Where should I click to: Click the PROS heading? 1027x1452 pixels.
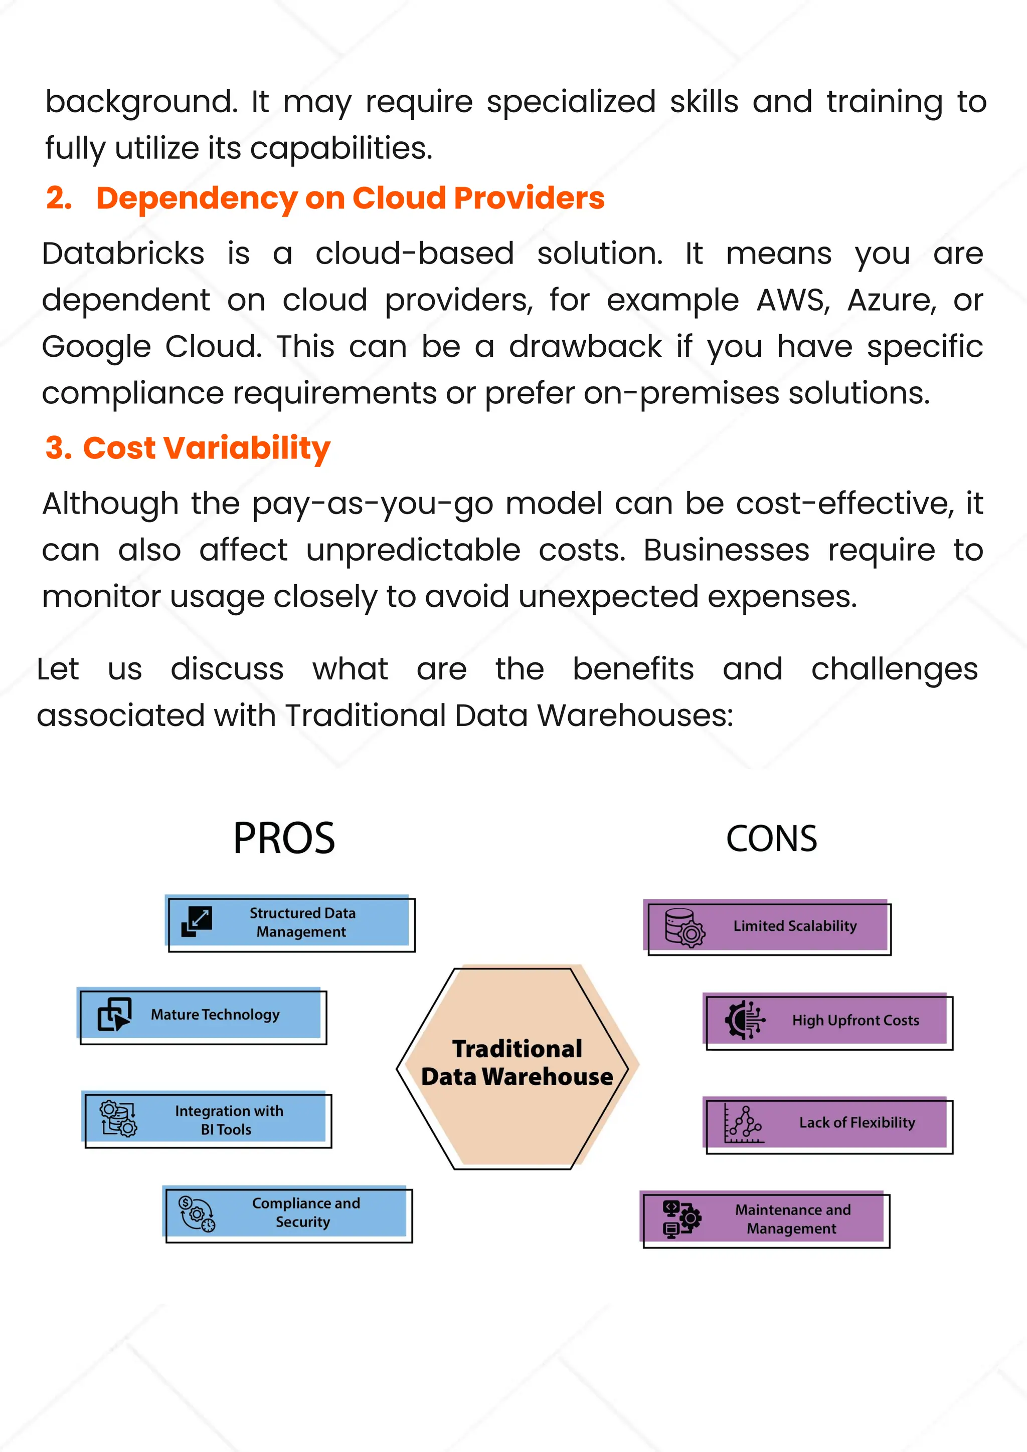(284, 839)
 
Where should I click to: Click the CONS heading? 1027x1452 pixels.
(771, 839)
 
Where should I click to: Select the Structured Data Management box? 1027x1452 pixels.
(290, 923)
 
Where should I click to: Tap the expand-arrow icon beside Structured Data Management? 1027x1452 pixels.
(197, 921)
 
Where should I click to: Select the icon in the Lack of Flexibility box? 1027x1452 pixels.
(744, 1124)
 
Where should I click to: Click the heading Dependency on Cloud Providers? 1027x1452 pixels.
(350, 198)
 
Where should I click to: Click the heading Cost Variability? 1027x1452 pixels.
(206, 448)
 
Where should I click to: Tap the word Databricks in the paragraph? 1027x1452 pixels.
(123, 254)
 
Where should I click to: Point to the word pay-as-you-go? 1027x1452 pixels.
(373, 504)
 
